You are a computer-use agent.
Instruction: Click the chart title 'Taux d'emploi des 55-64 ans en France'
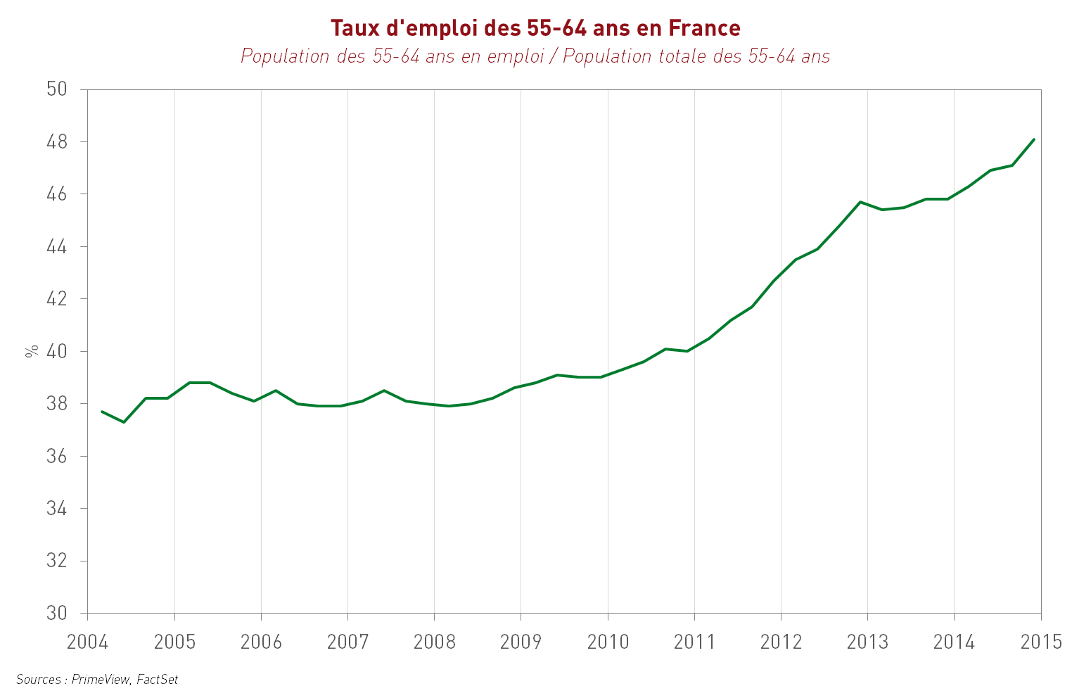(535, 28)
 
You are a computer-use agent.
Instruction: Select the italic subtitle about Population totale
(535, 56)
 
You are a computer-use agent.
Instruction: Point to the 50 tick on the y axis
(57, 89)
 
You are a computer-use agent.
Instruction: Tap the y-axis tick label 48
(57, 142)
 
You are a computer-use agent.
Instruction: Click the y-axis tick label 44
(57, 247)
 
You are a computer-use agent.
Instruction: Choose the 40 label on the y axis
(57, 351)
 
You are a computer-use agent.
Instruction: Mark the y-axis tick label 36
(57, 456)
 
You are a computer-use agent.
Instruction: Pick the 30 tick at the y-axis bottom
(57, 613)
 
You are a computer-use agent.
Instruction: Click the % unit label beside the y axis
(32, 351)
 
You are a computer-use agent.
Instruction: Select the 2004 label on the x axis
(87, 642)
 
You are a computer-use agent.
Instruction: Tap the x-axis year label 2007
(347, 642)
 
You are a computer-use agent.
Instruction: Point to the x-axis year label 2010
(608, 642)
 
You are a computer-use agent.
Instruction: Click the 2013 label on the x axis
(867, 642)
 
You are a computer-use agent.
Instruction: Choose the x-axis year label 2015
(1041, 642)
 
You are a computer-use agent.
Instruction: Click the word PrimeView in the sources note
(101, 680)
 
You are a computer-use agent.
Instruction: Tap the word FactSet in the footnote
(158, 680)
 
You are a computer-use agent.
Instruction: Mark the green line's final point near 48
(1034, 139)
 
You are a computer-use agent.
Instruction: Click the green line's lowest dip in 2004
(124, 422)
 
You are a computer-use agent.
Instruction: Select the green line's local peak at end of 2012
(860, 202)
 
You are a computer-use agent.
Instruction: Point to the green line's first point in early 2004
(102, 412)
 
